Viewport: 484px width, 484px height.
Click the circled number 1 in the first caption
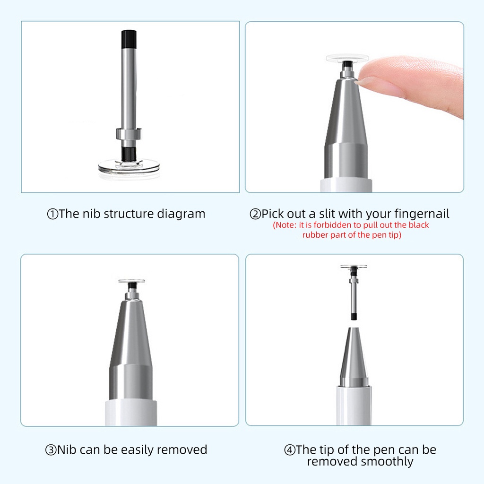click(52, 214)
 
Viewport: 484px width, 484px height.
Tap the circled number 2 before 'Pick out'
click(255, 214)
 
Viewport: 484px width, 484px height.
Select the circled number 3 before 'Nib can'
click(51, 450)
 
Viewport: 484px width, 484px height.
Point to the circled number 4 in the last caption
click(290, 450)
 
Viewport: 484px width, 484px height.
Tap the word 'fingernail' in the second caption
click(422, 214)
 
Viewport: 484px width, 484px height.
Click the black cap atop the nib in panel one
click(129, 39)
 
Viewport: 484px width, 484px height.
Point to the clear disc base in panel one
click(129, 168)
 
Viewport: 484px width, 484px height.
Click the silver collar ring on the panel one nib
click(129, 134)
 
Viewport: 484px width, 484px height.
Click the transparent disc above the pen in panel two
click(347, 58)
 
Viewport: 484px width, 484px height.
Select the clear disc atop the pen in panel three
click(131, 281)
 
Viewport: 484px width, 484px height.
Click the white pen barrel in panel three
click(131, 413)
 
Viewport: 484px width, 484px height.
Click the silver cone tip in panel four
click(354, 357)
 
